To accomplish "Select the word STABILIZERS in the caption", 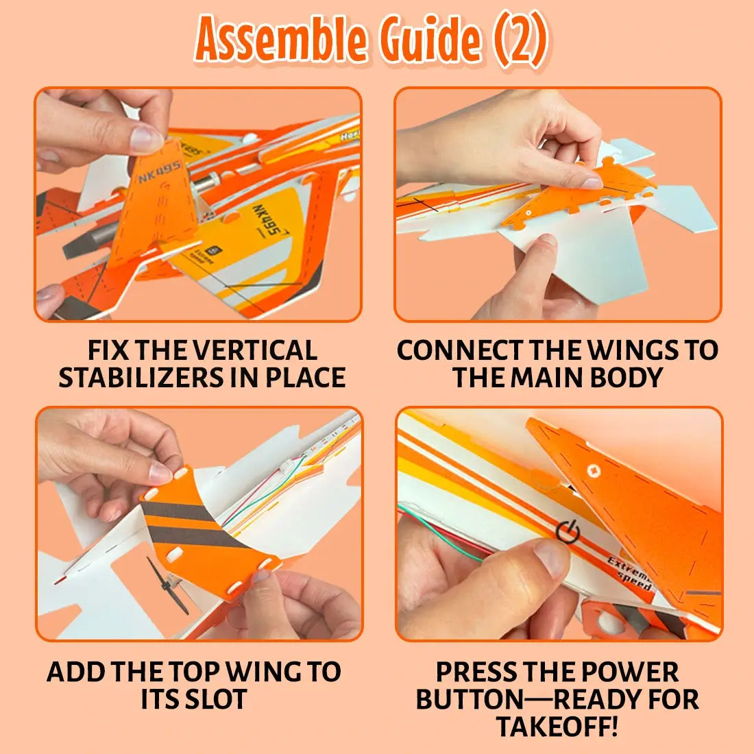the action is pyautogui.click(x=141, y=378).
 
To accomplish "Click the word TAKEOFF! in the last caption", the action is pyautogui.click(x=557, y=726).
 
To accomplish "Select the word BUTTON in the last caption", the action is pyautogui.click(x=468, y=699).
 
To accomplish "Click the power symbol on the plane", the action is pyautogui.click(x=568, y=532).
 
